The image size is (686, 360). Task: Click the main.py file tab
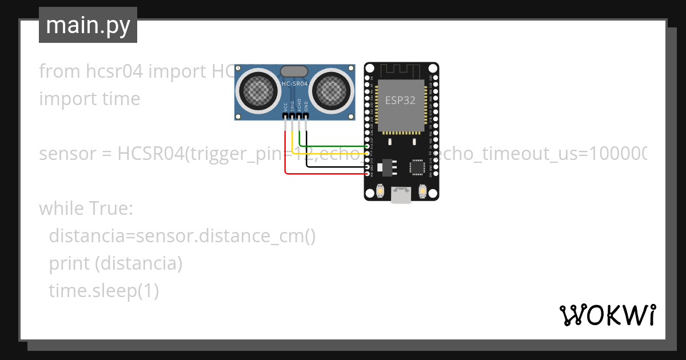[88, 25]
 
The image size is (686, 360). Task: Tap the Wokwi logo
[607, 315]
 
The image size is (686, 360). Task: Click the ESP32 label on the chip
[400, 101]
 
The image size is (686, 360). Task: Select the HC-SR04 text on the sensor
[294, 84]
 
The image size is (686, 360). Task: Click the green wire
[337, 146]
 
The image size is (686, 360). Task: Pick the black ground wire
[337, 166]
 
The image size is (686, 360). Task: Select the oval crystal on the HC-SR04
[294, 71]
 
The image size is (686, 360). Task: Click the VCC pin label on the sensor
[285, 106]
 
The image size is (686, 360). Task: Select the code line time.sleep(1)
[103, 291]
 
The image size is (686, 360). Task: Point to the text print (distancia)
[115, 263]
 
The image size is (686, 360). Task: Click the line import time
[90, 99]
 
